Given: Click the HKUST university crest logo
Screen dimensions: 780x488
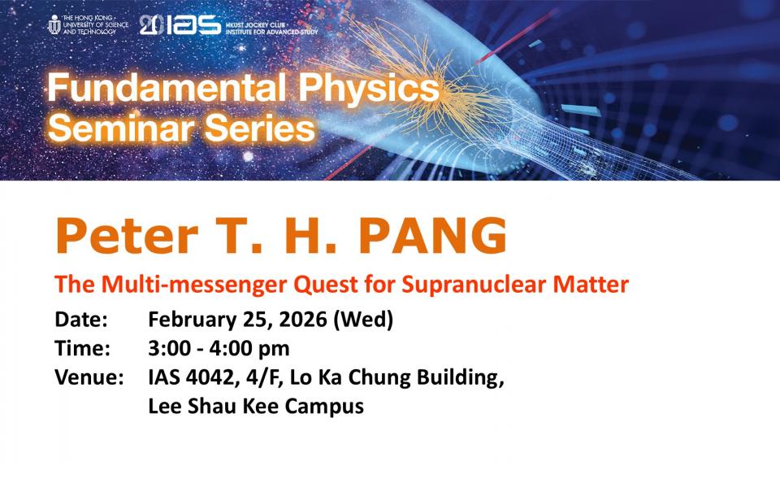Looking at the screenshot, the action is tap(54, 24).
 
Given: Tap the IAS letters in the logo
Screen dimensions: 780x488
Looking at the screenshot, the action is tap(193, 24).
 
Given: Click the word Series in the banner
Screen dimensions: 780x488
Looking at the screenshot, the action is tap(260, 128).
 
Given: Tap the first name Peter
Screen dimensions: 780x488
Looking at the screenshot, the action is tap(127, 236).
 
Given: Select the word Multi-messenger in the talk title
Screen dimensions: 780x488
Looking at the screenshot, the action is tap(194, 285).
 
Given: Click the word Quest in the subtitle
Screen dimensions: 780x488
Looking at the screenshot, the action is tap(325, 285).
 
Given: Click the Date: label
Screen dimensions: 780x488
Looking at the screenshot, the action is tap(81, 319).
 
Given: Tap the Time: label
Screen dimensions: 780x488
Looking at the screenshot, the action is tap(83, 348).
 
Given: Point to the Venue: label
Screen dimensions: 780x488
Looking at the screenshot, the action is tap(89, 377).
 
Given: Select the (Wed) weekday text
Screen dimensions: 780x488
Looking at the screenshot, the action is tap(363, 320).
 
